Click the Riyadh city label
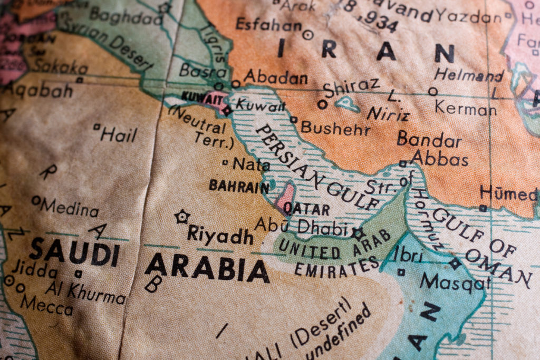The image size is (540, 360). click(220, 235)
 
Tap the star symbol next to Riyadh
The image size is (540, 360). click(182, 216)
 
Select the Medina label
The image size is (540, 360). click(69, 207)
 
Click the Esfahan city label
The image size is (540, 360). click(268, 24)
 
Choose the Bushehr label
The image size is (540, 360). click(335, 128)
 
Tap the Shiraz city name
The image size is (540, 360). click(352, 86)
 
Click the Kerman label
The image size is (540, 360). click(465, 108)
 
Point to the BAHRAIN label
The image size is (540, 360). click(239, 186)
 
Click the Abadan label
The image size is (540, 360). click(275, 77)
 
